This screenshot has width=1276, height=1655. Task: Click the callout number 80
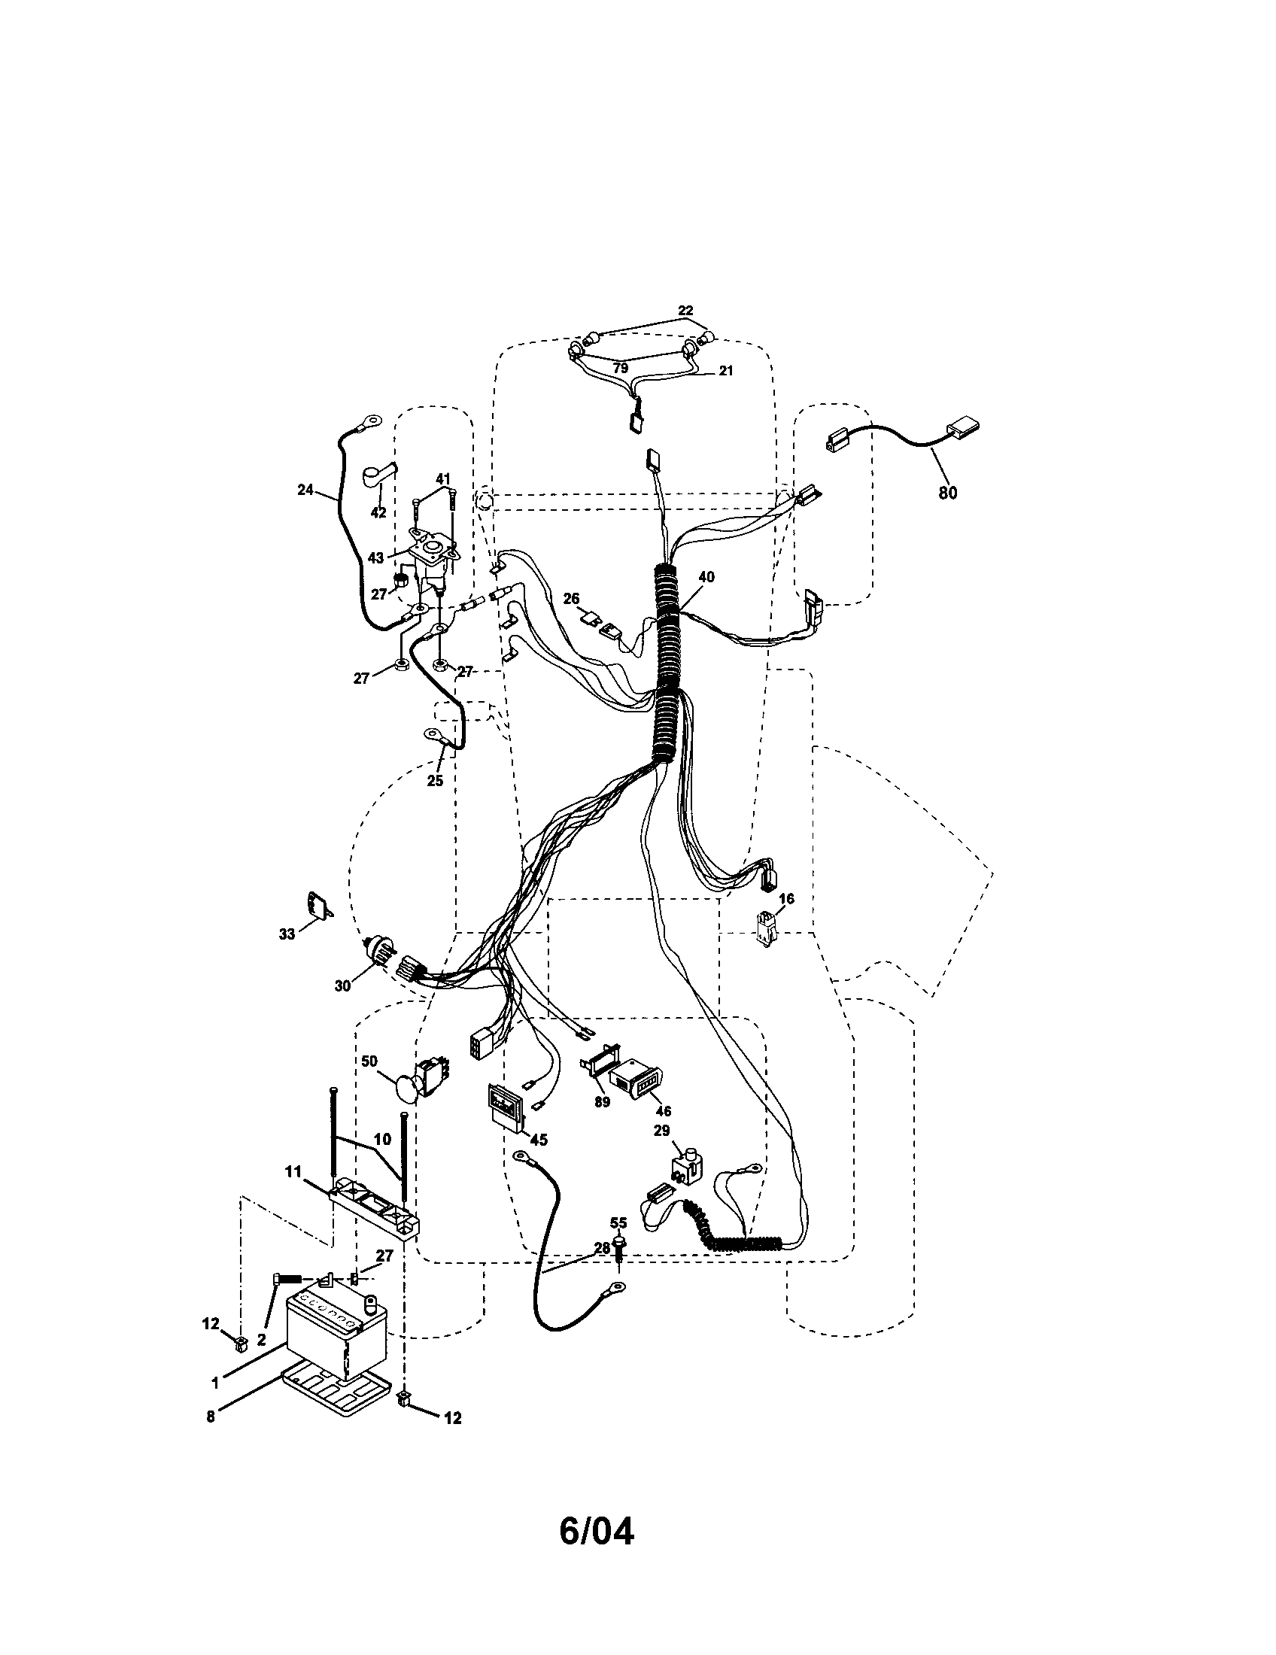click(947, 493)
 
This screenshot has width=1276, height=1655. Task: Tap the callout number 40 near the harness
click(706, 577)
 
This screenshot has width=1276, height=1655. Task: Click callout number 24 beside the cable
click(305, 490)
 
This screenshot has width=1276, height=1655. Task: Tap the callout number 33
click(287, 934)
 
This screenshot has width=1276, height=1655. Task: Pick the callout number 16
click(786, 899)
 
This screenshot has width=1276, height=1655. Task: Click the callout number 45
click(539, 1140)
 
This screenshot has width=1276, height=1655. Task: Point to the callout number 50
click(369, 1061)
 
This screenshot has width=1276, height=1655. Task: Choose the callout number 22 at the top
click(685, 311)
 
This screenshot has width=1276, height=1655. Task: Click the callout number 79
click(621, 369)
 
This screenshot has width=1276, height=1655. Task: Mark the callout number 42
click(378, 513)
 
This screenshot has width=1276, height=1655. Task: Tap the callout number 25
click(434, 781)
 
